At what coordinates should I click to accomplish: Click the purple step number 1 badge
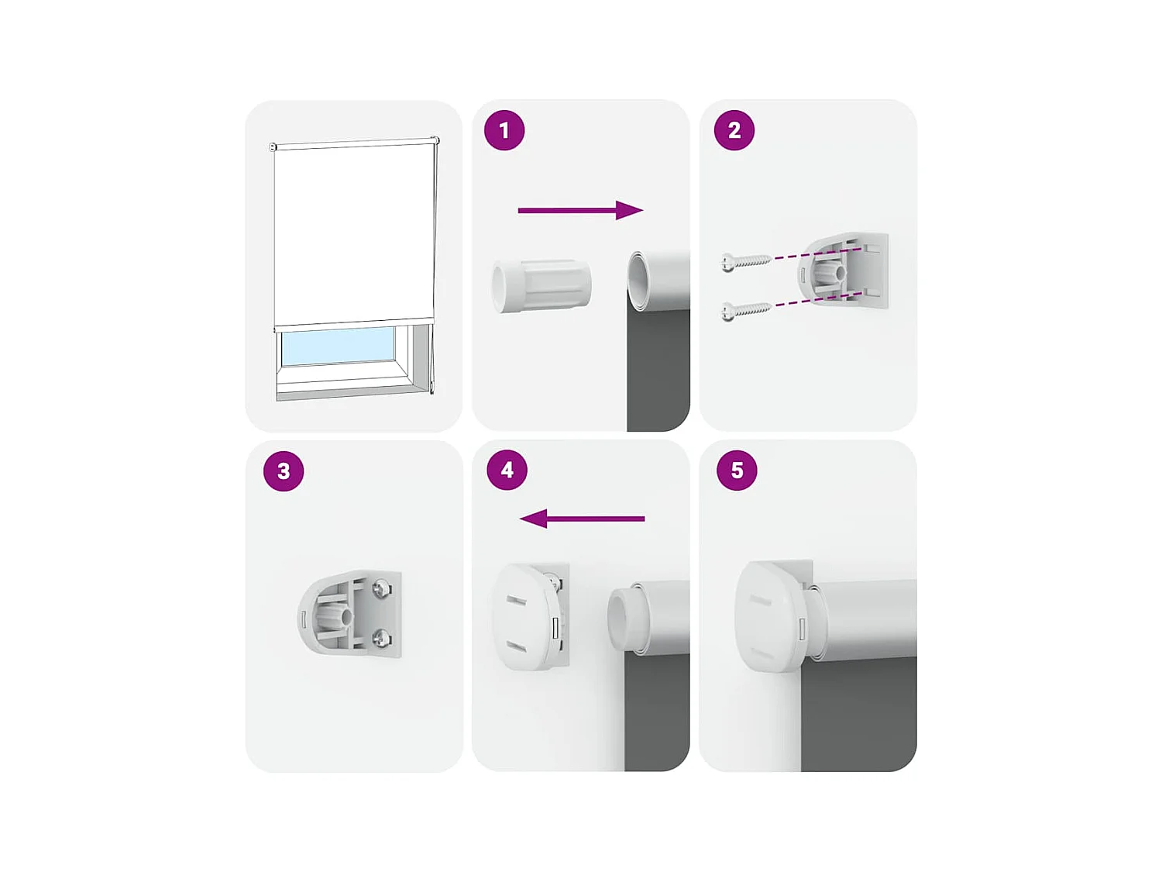click(504, 130)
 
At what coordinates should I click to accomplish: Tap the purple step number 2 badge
click(734, 130)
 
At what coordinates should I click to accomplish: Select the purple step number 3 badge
click(284, 470)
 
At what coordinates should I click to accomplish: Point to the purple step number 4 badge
click(507, 470)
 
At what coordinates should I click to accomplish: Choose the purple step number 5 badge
click(737, 470)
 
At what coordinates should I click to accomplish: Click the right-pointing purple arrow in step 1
click(580, 210)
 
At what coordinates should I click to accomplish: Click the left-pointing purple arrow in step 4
click(582, 519)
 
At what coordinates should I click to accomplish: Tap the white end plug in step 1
click(541, 286)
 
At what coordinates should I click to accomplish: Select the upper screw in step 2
click(745, 262)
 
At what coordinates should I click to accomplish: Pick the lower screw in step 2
click(745, 311)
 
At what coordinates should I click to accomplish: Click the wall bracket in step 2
click(844, 271)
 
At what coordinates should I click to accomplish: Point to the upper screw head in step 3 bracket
click(381, 589)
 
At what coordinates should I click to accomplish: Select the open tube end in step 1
click(638, 280)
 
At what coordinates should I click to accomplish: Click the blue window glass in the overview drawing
click(338, 346)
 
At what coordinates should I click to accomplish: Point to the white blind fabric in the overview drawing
click(353, 233)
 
